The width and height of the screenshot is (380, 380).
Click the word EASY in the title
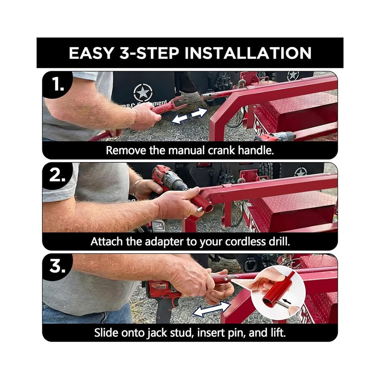point(91,53)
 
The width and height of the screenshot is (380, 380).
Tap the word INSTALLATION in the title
point(248,53)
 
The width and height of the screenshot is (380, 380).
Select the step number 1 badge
point(58,85)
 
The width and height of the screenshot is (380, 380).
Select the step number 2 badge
point(58,176)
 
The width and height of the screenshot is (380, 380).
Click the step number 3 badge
point(58,267)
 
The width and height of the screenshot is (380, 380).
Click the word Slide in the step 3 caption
point(106,332)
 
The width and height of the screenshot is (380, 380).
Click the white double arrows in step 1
point(190,116)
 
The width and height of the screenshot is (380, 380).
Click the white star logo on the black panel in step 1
point(143,92)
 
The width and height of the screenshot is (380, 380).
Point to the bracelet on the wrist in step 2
point(135,187)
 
